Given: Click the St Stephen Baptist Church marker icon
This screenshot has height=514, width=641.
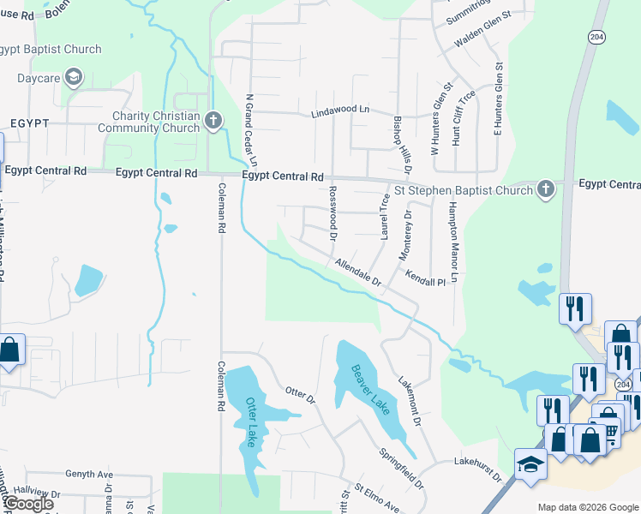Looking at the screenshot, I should (546, 189).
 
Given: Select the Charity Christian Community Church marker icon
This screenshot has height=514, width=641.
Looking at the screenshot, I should (213, 123).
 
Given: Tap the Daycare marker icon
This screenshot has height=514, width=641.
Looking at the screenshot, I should (75, 78).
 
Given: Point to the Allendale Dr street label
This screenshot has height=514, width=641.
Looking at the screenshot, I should (357, 273).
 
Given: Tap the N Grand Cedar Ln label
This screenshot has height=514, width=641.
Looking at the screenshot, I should (251, 129).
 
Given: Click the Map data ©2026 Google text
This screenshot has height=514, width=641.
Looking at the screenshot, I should (587, 507).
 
